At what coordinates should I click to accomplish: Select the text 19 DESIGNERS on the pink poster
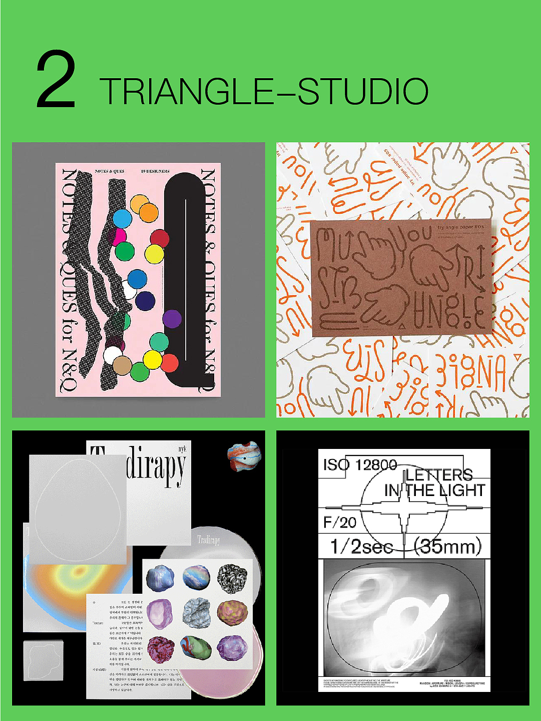pyautogui.click(x=155, y=171)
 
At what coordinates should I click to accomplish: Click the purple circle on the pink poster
pyautogui.click(x=172, y=319)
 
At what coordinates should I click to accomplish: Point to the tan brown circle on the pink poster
pyautogui.click(x=122, y=365)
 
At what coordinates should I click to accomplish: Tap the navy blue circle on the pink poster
pyautogui.click(x=145, y=301)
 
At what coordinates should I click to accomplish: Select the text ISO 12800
pyautogui.click(x=360, y=465)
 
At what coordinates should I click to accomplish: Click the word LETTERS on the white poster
pyautogui.click(x=439, y=474)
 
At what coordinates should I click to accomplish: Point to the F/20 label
pyautogui.click(x=340, y=523)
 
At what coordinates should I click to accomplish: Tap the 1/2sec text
pyautogui.click(x=361, y=546)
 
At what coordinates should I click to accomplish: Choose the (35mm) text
pyautogui.click(x=448, y=546)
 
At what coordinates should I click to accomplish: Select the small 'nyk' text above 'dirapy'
pyautogui.click(x=181, y=449)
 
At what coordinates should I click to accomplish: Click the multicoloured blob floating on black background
pyautogui.click(x=244, y=456)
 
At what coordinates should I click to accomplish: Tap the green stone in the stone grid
pyautogui.click(x=196, y=648)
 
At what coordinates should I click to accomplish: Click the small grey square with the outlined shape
pyautogui.click(x=44, y=660)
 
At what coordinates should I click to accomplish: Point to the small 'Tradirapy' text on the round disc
pyautogui.click(x=208, y=540)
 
